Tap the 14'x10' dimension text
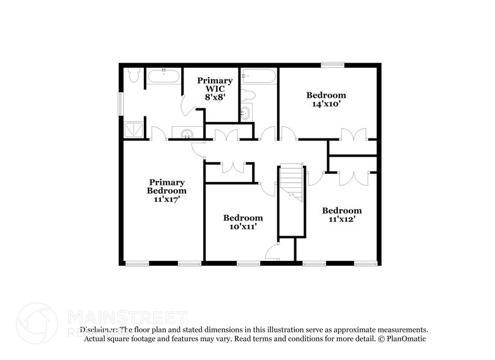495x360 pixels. pyautogui.click(x=326, y=104)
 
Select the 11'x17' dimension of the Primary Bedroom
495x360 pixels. pyautogui.click(x=167, y=199)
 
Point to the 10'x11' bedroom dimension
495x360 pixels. pyautogui.click(x=243, y=227)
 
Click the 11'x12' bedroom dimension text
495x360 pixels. pyautogui.click(x=342, y=219)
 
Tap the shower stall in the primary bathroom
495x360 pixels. pyautogui.click(x=134, y=129)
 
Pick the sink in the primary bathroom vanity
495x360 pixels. pyautogui.click(x=185, y=133)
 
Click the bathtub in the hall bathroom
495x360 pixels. pyautogui.click(x=259, y=77)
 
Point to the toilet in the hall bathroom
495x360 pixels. pyautogui.click(x=248, y=96)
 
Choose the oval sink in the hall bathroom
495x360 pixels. pyautogui.click(x=246, y=113)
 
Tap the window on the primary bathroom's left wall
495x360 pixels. pyautogui.click(x=121, y=103)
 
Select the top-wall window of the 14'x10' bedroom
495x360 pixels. pyautogui.click(x=333, y=64)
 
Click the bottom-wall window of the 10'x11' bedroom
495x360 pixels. pyautogui.click(x=248, y=264)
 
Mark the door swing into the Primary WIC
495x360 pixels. pyautogui.click(x=190, y=105)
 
